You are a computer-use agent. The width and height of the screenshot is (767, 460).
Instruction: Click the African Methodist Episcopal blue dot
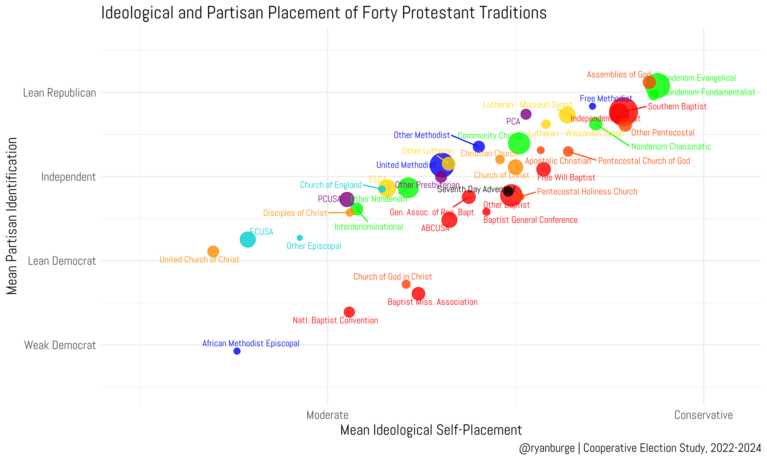click(x=237, y=351)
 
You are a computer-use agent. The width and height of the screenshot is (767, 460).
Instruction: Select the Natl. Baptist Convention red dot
click(x=349, y=312)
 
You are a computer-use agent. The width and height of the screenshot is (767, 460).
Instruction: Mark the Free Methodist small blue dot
click(x=592, y=106)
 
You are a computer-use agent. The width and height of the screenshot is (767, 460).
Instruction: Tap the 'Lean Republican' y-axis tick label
click(x=60, y=93)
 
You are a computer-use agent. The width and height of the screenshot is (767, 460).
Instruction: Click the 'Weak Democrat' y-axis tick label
click(x=60, y=345)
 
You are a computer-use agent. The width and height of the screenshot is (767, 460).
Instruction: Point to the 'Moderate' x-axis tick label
click(x=328, y=415)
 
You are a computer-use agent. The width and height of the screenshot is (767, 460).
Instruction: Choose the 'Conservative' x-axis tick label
click(x=703, y=415)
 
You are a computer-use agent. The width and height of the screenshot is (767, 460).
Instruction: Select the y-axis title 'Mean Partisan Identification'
click(x=12, y=216)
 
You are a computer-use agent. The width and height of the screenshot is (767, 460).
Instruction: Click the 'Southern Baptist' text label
click(x=677, y=107)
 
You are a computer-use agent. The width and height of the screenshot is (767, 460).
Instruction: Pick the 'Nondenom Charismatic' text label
click(x=671, y=147)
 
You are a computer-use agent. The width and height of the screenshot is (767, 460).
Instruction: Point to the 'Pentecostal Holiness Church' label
click(x=587, y=192)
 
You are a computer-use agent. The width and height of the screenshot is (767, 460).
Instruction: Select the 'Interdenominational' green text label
click(x=369, y=227)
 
